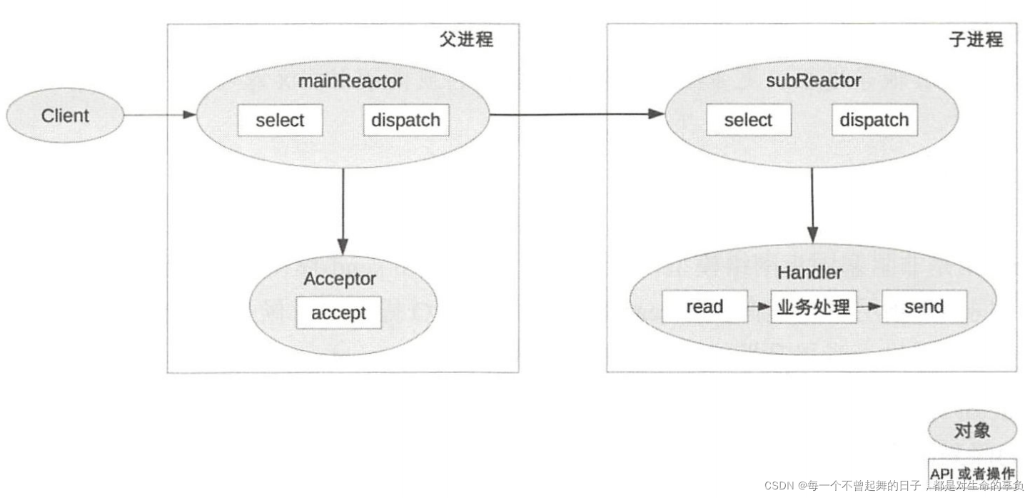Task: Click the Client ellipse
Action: pyautogui.click(x=65, y=116)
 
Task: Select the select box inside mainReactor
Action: pyautogui.click(x=280, y=121)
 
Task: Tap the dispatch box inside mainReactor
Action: pyautogui.click(x=406, y=121)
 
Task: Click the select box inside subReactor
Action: pyautogui.click(x=748, y=121)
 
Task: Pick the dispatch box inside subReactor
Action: pyautogui.click(x=874, y=121)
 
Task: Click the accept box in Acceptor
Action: pyautogui.click(x=338, y=313)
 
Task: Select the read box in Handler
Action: pyautogui.click(x=705, y=307)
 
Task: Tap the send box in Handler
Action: pyautogui.click(x=924, y=307)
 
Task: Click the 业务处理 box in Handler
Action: pyautogui.click(x=814, y=307)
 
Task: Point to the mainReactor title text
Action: pyautogui.click(x=350, y=81)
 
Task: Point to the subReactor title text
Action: pyautogui.click(x=813, y=81)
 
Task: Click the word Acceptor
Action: pyautogui.click(x=339, y=279)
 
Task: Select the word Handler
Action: pyautogui.click(x=809, y=273)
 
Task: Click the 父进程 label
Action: pyautogui.click(x=466, y=39)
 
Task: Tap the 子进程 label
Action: pyautogui.click(x=976, y=39)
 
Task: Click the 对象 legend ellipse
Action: pyautogui.click(x=972, y=430)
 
